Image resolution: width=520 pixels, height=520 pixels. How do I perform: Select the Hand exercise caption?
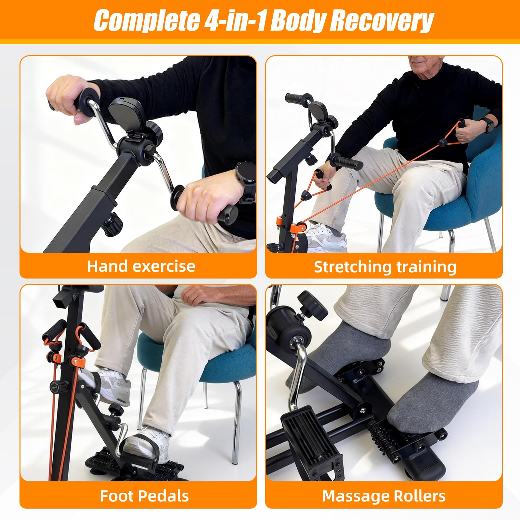(141, 266)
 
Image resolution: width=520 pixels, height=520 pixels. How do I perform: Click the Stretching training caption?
(385, 267)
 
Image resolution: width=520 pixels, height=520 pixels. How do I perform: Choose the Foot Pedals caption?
(144, 496)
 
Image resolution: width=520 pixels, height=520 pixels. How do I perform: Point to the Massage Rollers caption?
(384, 496)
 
